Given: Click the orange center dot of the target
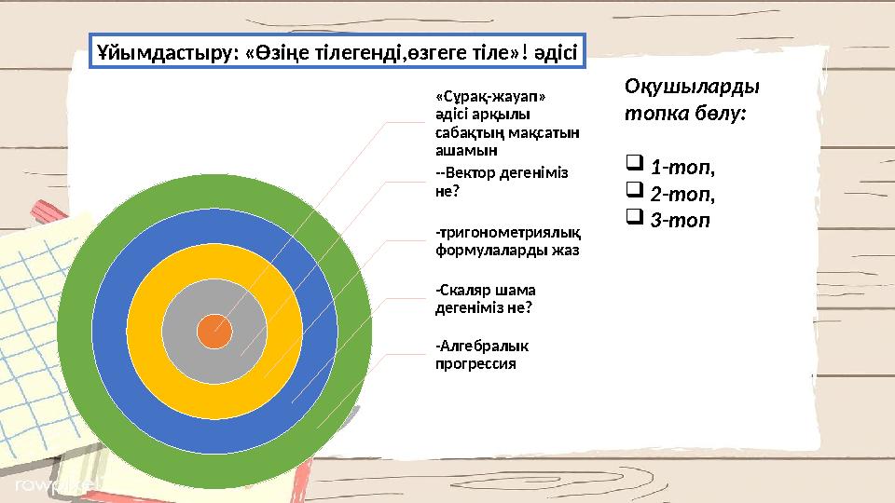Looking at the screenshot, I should click(215, 330).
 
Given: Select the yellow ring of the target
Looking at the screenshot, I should click(145, 330).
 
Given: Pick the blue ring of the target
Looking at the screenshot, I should click(110, 330).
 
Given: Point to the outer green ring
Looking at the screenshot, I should click(75, 330).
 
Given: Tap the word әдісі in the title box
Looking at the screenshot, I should click(556, 53).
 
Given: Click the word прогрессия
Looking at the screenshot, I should click(475, 364).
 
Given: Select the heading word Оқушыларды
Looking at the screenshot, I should click(691, 86).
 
